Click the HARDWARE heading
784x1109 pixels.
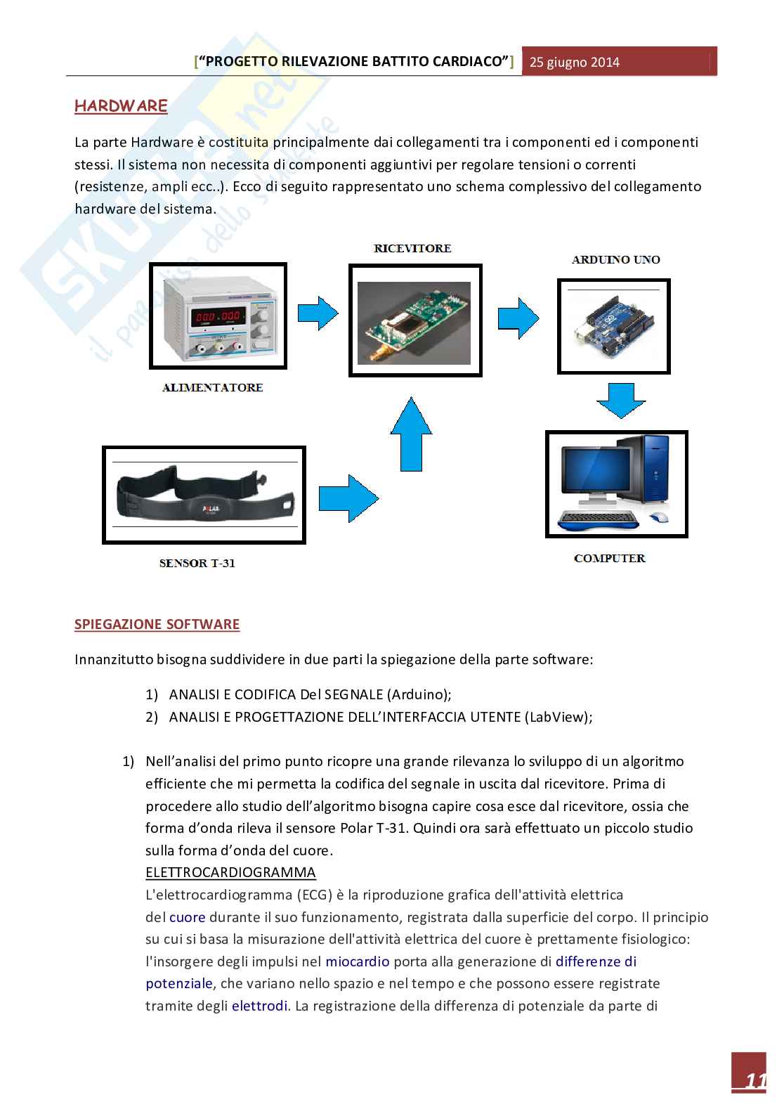121,106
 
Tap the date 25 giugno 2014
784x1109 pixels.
575,62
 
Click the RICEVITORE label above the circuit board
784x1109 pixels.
412,249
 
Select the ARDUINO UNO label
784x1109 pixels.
615,259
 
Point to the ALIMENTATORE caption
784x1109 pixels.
212,387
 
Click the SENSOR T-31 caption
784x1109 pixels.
197,563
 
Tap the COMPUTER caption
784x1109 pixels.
609,559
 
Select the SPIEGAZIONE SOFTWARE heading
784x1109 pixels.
157,624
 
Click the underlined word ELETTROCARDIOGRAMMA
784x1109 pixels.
230,873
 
